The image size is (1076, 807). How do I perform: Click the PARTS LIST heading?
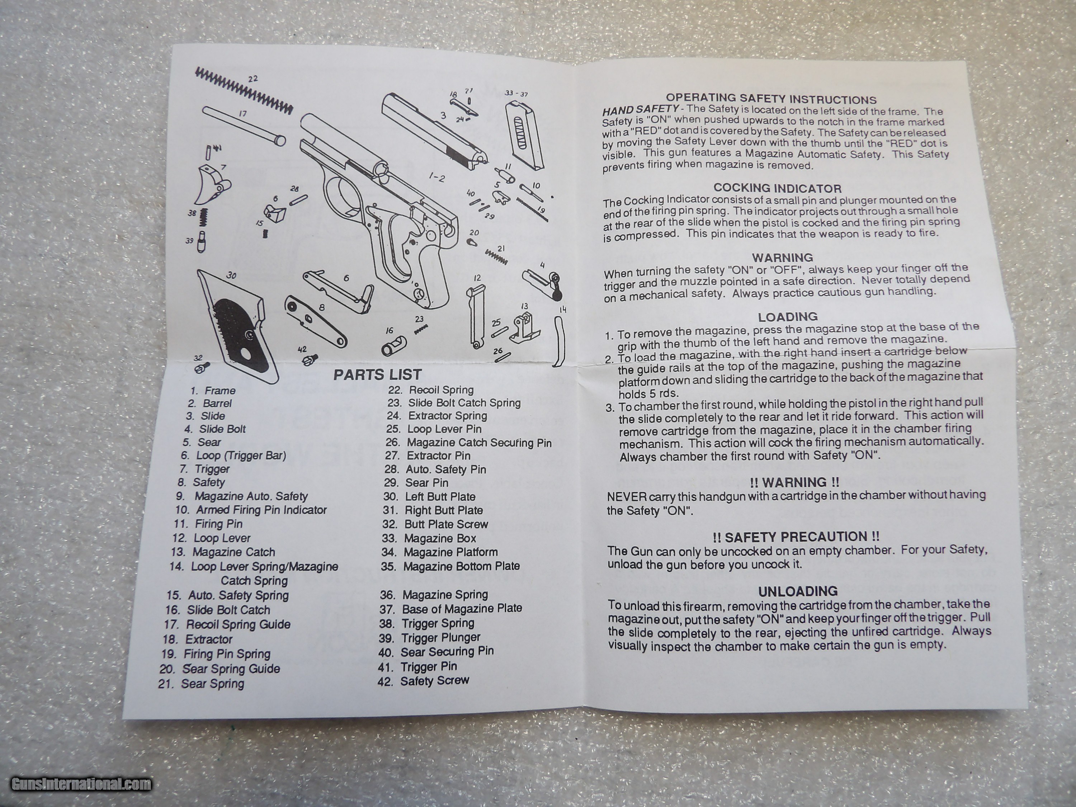pyautogui.click(x=377, y=374)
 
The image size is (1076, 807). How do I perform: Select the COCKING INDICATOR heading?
pyautogui.click(x=777, y=188)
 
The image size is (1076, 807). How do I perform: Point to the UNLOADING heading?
pyautogui.click(x=798, y=591)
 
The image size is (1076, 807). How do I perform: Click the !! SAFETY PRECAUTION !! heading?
pyautogui.click(x=796, y=537)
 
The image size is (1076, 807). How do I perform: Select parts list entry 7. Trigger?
pyautogui.click(x=204, y=469)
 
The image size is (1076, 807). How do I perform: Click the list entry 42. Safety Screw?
pyautogui.click(x=423, y=681)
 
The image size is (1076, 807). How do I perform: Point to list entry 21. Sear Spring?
pyautogui.click(x=201, y=684)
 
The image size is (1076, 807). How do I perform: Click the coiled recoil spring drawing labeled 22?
pyautogui.click(x=244, y=91)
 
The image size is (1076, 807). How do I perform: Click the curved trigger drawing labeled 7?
pyautogui.click(x=213, y=184)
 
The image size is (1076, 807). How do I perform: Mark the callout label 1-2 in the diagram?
pyautogui.click(x=436, y=178)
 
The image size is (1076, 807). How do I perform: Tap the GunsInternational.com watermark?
pyautogui.click(x=81, y=784)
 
